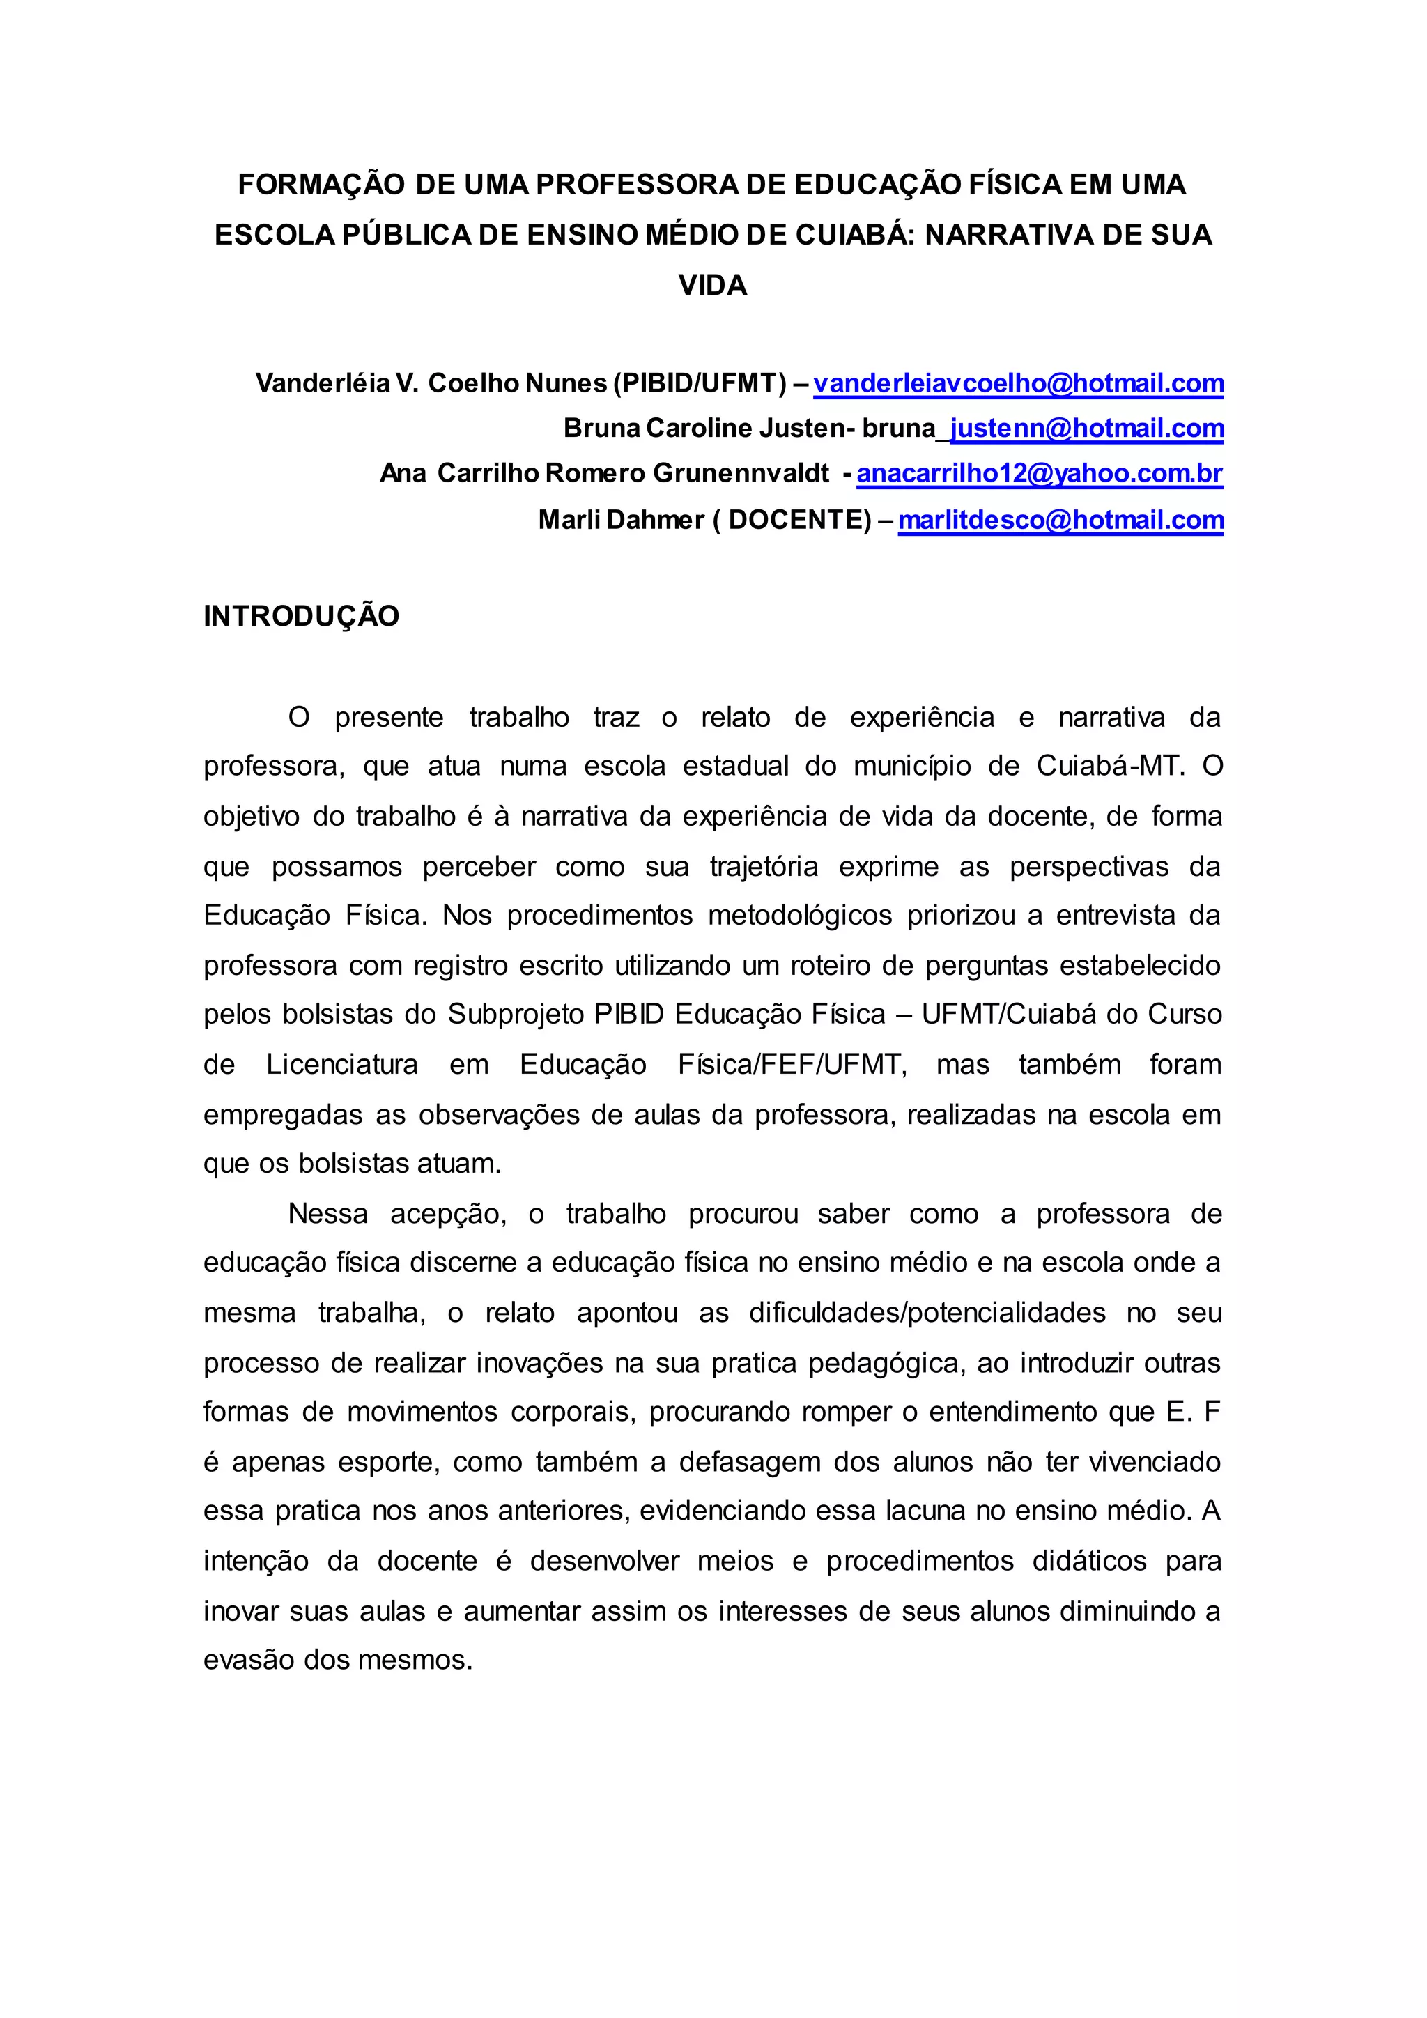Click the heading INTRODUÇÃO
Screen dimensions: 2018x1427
302,617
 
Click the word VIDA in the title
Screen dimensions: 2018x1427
713,286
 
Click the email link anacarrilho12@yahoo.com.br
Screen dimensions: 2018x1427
1040,474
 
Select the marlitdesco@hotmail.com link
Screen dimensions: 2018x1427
1060,521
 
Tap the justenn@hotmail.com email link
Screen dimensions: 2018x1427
1087,429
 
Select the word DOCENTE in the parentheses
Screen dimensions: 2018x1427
795,521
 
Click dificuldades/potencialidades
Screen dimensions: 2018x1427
927,1313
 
